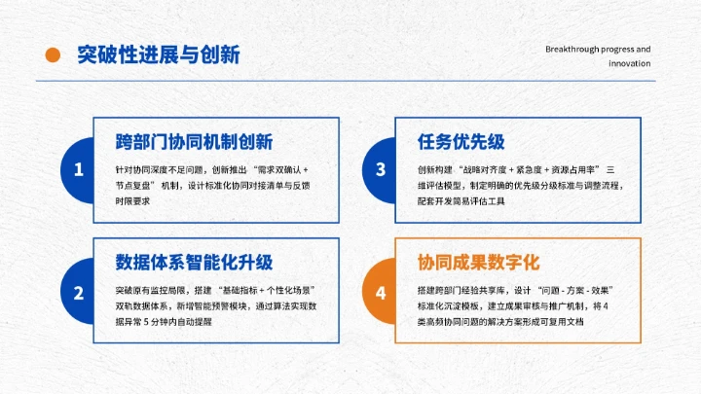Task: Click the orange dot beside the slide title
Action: click(x=54, y=55)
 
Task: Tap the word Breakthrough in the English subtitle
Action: click(x=575, y=48)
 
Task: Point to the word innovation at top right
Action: click(x=629, y=63)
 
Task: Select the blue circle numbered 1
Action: click(x=78, y=169)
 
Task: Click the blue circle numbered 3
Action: click(x=380, y=169)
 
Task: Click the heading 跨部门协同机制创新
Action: click(x=193, y=142)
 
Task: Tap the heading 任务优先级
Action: click(x=461, y=142)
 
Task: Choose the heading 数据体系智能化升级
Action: click(x=193, y=264)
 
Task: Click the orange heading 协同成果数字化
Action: click(x=478, y=264)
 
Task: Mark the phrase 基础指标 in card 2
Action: click(x=245, y=291)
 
